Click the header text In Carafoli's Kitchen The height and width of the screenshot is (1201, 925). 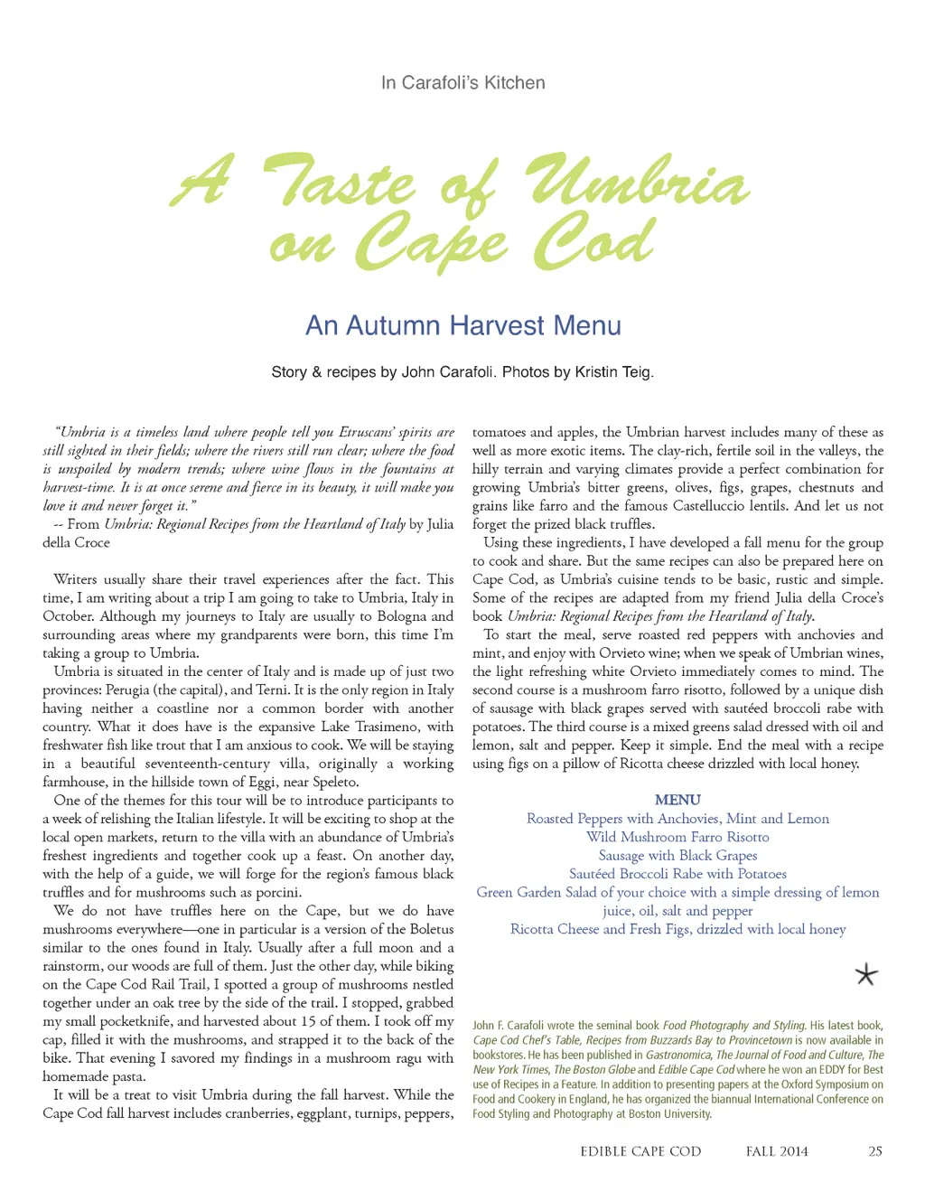(462, 83)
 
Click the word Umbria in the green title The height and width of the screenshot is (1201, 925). (638, 183)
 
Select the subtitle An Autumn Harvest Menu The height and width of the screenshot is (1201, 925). (462, 325)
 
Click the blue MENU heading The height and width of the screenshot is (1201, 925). (677, 800)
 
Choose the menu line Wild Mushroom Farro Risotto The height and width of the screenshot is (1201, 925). (677, 837)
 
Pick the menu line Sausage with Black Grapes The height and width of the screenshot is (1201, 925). (677, 855)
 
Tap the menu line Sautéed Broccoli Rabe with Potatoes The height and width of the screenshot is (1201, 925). (677, 874)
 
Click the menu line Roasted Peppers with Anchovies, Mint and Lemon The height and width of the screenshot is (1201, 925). (677, 819)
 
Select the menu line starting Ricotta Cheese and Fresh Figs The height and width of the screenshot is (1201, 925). (677, 929)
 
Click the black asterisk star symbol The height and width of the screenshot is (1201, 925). (865, 974)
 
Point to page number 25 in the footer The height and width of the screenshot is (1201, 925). (874, 1151)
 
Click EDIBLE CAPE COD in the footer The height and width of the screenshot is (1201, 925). (640, 1151)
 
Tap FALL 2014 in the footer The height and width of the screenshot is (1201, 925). (777, 1151)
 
